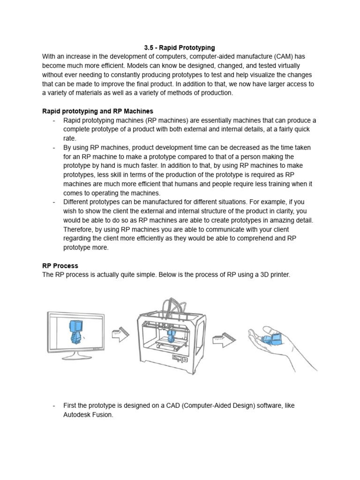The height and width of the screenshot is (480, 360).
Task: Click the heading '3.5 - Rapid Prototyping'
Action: [x=180, y=47]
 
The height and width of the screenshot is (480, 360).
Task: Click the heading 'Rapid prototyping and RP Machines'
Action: [x=97, y=111]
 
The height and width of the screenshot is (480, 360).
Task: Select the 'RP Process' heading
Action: [x=60, y=266]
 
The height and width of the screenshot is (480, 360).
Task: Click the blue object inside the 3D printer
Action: [x=171, y=336]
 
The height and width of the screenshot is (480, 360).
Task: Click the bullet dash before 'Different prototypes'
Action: [x=54, y=202]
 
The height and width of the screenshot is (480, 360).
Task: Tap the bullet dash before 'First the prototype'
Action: [x=54, y=405]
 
